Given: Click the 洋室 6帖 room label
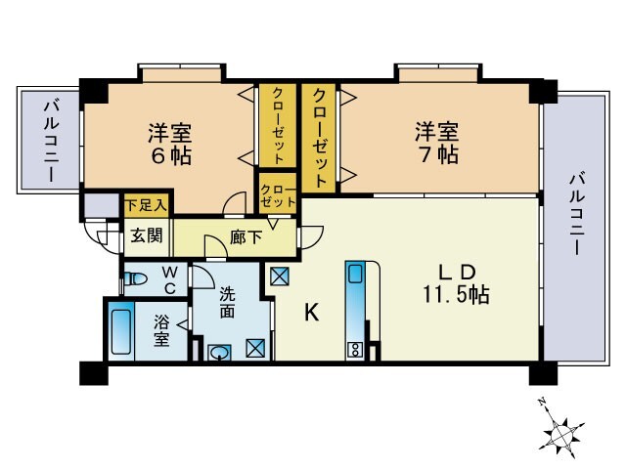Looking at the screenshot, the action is pos(169,145).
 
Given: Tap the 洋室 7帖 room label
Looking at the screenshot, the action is pos(437,143).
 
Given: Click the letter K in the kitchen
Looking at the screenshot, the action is pos(312,312).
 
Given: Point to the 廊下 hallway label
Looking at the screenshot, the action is pos(246,237).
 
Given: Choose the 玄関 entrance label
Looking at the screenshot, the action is pos(147,235).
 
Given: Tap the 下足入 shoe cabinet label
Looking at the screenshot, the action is pos(146,205).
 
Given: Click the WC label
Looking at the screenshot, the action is pos(169,280).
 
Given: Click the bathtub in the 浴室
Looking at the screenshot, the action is pos(121,332).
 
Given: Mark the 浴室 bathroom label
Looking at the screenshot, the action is pos(161,330).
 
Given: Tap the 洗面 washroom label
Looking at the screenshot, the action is pos(227,303).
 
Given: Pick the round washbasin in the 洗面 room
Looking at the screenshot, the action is pos(219,353).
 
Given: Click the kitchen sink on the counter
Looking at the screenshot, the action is pos(355,273).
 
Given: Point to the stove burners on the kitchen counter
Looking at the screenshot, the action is pos(354,350).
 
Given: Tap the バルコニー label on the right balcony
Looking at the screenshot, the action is pos(576,213).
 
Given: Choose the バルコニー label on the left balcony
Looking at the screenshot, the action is pos(52,141).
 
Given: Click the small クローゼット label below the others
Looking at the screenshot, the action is pos(278,195).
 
